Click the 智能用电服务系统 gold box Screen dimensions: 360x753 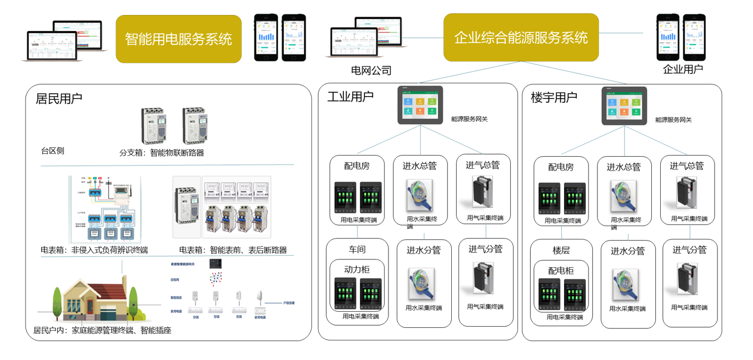coord(178,39)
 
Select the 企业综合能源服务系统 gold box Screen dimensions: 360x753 coord(521,37)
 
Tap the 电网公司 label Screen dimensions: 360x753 coord(371,71)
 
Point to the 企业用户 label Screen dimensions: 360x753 coord(682,69)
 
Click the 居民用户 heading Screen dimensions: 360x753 coord(59,99)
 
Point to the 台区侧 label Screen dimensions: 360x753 coord(52,151)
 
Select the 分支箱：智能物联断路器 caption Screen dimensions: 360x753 coord(162,153)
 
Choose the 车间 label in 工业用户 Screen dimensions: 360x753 coord(357,249)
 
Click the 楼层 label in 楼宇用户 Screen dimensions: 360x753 coord(561,250)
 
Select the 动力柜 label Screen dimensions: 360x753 coord(357,269)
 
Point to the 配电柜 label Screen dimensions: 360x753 coord(561,271)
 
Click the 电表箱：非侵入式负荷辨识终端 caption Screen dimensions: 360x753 coord(94,250)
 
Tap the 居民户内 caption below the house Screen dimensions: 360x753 coord(102,331)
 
